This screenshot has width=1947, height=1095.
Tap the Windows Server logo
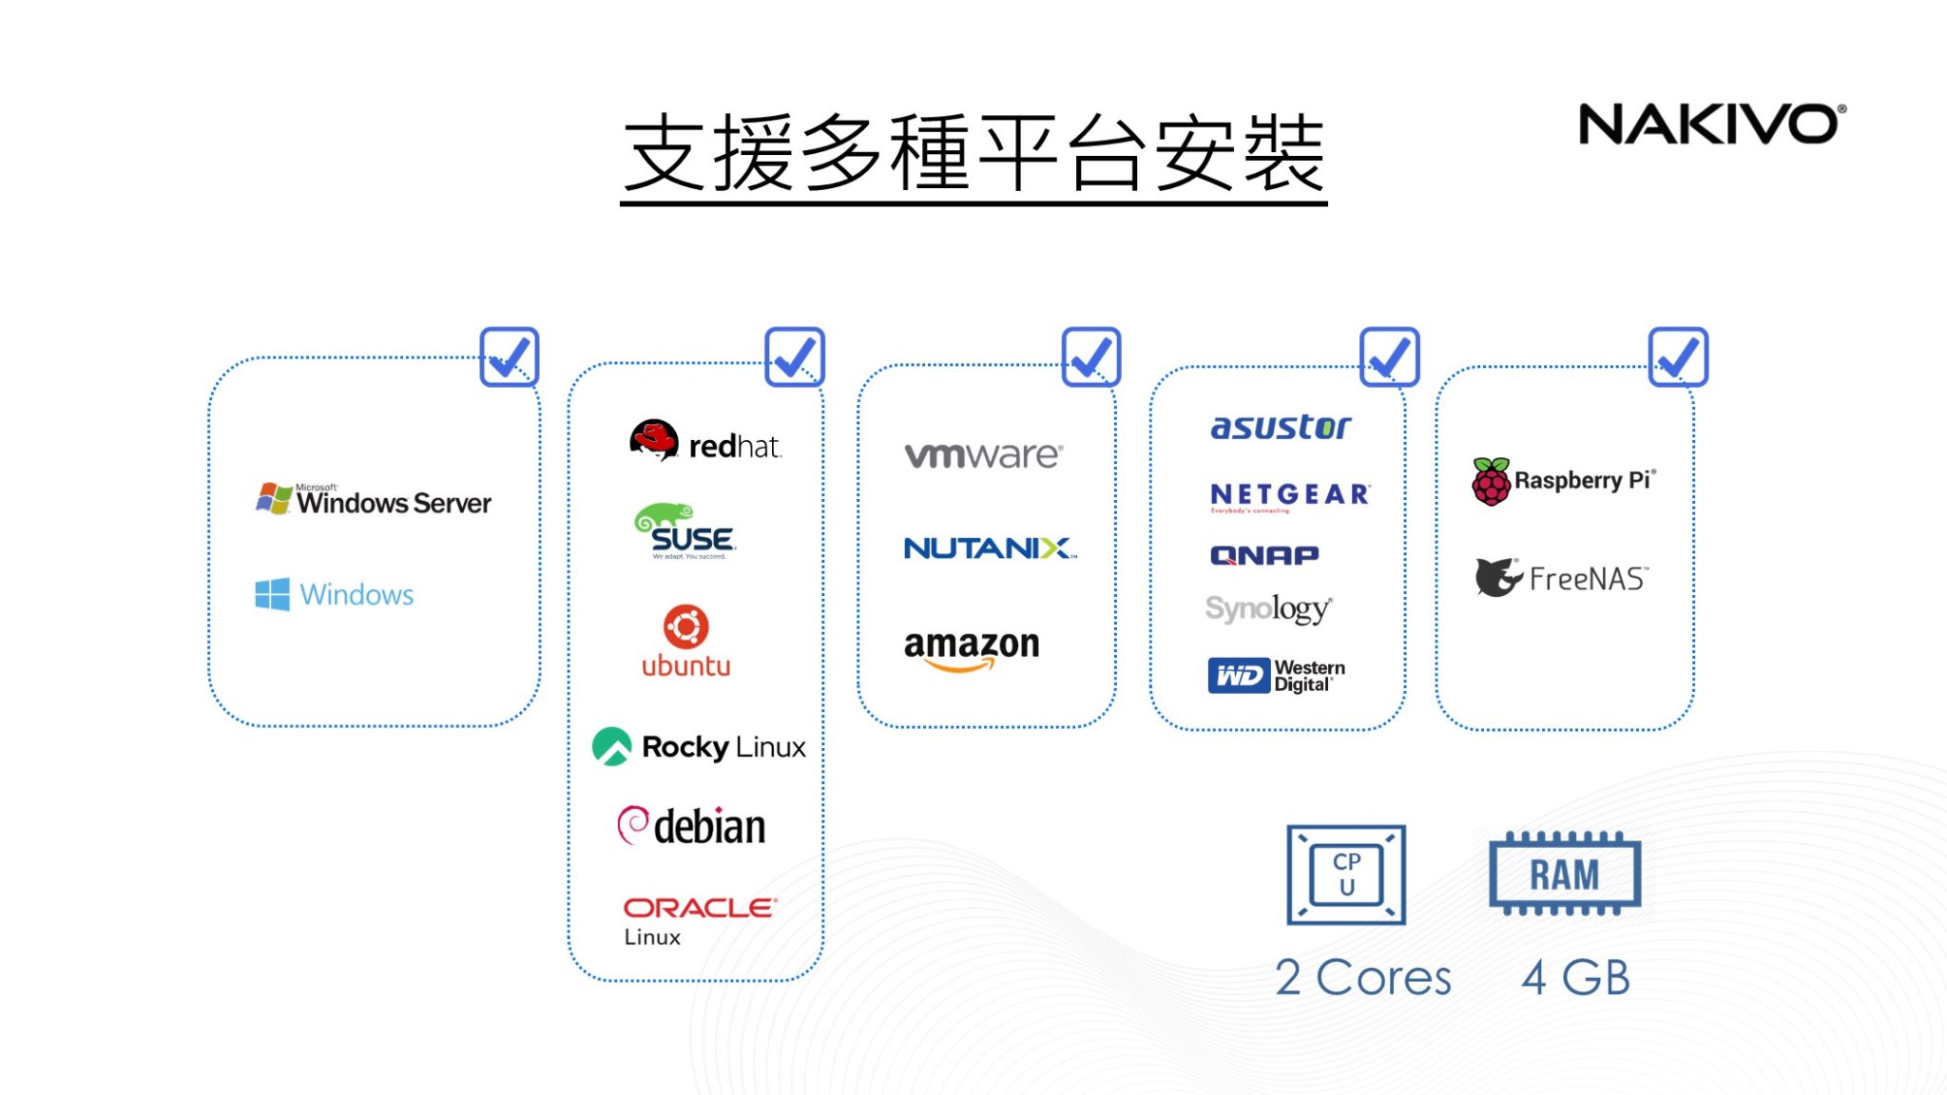coord(374,499)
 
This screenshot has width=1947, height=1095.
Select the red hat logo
coord(705,442)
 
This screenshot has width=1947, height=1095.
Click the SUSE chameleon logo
coord(685,531)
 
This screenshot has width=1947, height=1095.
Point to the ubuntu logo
coord(685,642)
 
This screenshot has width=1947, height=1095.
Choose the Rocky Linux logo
coord(699,747)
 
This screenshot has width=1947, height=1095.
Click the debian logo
coord(692,826)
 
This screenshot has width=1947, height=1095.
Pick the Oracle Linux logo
coord(699,920)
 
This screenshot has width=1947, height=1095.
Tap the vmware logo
coord(983,455)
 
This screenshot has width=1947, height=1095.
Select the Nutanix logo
coord(990,548)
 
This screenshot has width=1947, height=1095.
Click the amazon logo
coord(972,650)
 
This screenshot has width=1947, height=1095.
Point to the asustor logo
coord(1280,427)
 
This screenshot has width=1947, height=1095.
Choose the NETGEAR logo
coord(1289,496)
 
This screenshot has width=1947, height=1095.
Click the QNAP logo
coord(1263,555)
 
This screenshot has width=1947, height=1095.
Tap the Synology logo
coord(1268,608)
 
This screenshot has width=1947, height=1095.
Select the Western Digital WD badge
coord(1238,676)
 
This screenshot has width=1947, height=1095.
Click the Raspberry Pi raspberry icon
coord(1491,482)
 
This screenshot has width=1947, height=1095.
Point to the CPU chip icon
coord(1345,874)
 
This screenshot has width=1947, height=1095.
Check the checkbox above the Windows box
coord(509,357)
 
